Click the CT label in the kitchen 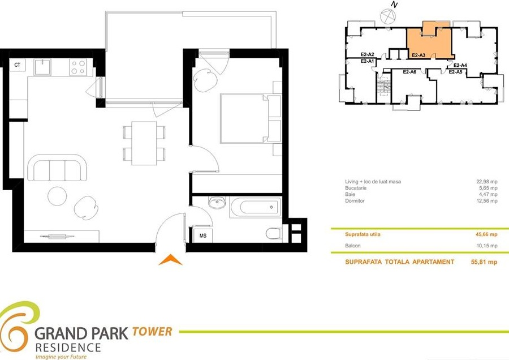(x=17, y=65)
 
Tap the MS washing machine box (x=203, y=235)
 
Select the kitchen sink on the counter (x=42, y=67)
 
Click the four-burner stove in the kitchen (x=78, y=67)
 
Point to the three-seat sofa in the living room (x=58, y=168)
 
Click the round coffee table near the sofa (x=57, y=196)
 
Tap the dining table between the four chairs (x=144, y=143)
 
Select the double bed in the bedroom (x=251, y=119)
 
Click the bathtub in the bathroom (x=256, y=207)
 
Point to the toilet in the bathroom (x=274, y=233)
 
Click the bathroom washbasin (x=217, y=203)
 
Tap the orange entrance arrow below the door (x=170, y=260)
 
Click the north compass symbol (x=387, y=16)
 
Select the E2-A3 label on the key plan (x=419, y=55)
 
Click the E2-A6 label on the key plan (x=409, y=72)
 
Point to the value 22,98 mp (x=486, y=182)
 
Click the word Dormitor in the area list (x=355, y=201)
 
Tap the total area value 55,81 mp (x=484, y=262)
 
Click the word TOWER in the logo (x=152, y=331)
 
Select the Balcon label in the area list (x=353, y=246)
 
